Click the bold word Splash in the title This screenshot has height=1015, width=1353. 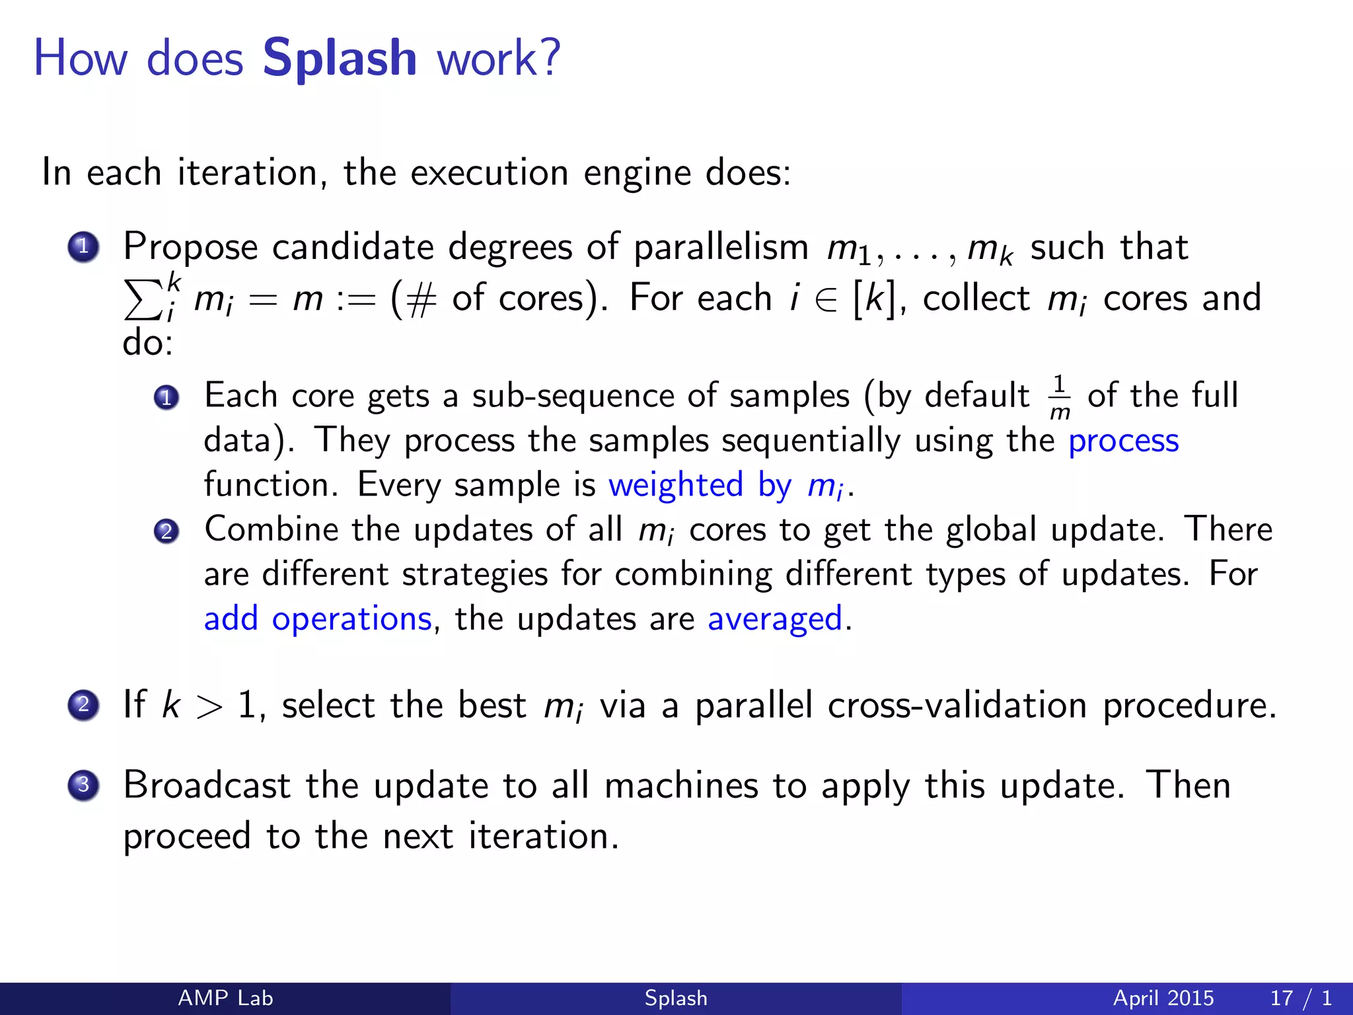coord(340,58)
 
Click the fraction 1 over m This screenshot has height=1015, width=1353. coord(1059,397)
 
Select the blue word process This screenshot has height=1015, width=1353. coord(1123,441)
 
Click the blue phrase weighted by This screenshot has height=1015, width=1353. coord(699,486)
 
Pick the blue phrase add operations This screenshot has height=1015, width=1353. coord(318,619)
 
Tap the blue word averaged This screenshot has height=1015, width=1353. coord(774,619)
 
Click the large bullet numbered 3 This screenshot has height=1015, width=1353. coord(83,785)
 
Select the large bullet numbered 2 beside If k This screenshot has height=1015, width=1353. coord(83,705)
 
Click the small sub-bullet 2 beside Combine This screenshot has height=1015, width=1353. coord(166,531)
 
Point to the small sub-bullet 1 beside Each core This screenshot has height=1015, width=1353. coord(166,398)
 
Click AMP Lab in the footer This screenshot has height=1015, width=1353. coord(225,998)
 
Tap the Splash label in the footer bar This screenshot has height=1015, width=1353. coord(676,998)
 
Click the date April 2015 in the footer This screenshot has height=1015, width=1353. coord(1163,998)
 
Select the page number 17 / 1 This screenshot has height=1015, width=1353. coord(1300,998)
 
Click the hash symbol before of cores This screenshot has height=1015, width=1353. coord(421,299)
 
